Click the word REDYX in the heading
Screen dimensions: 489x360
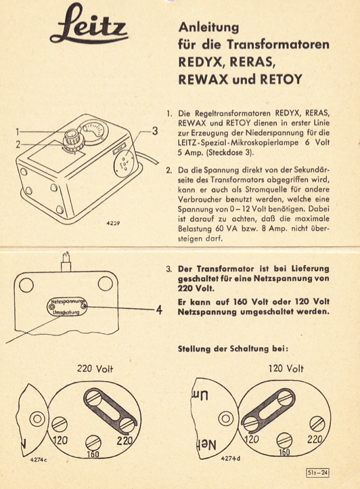pyautogui.click(x=199, y=61)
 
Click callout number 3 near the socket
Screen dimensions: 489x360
pyautogui.click(x=154, y=130)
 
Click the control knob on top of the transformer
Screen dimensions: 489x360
pyautogui.click(x=70, y=139)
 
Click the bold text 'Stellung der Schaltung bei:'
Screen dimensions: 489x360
pyautogui.click(x=232, y=349)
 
